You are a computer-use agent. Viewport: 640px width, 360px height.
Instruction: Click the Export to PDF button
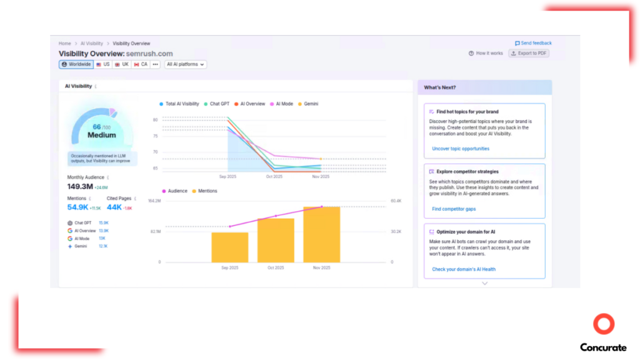click(529, 54)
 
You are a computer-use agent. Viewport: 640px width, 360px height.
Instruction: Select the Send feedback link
click(533, 43)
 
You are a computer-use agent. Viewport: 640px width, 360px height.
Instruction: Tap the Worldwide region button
click(76, 64)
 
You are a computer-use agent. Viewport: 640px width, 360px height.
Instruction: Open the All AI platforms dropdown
click(186, 64)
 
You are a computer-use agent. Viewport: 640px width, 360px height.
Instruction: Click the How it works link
click(486, 54)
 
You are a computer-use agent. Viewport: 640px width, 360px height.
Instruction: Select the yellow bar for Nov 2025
click(322, 234)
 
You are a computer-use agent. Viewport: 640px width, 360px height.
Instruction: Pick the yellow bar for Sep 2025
click(230, 247)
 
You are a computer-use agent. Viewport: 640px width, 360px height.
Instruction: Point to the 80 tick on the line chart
click(155, 119)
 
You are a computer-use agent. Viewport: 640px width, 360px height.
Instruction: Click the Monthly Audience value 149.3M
click(80, 186)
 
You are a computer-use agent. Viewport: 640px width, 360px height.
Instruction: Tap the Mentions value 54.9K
click(77, 207)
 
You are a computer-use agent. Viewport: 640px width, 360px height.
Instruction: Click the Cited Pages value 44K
click(114, 207)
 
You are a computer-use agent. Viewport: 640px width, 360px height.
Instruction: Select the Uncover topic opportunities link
click(461, 149)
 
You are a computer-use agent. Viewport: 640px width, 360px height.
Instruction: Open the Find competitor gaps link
click(454, 209)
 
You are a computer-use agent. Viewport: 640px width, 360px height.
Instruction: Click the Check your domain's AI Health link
click(463, 269)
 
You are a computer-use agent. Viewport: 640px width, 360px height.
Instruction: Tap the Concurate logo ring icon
click(604, 324)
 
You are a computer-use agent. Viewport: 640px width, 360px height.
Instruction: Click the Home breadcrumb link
click(64, 44)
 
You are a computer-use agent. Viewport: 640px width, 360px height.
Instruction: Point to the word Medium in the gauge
click(101, 135)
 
